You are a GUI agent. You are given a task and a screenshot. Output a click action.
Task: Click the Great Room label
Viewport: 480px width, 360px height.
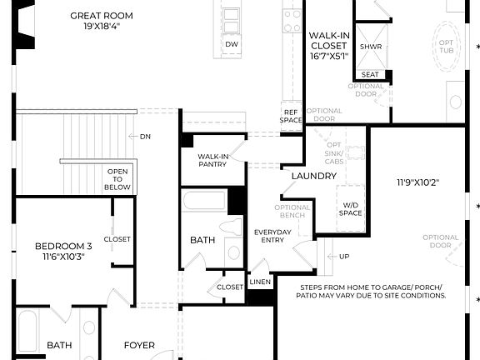pos(101,15)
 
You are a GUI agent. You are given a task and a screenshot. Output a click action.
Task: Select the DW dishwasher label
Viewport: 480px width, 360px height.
pos(232,44)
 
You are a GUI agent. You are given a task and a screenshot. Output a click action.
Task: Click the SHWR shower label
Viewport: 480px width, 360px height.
pos(371,47)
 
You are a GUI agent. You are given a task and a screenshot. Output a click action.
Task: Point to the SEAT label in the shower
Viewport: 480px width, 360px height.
pos(371,75)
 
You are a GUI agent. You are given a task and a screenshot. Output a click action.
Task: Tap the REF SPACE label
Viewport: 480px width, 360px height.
pos(291,116)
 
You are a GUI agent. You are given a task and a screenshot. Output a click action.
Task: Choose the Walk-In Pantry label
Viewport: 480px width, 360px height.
pos(214,161)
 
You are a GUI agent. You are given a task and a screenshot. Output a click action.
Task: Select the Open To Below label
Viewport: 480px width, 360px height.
pos(117,179)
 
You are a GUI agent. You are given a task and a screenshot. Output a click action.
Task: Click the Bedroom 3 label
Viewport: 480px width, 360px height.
pos(63,251)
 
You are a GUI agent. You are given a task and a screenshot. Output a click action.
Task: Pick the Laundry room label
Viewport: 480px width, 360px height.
pos(313,176)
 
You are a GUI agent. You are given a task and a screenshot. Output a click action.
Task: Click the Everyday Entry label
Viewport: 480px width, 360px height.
pos(272,237)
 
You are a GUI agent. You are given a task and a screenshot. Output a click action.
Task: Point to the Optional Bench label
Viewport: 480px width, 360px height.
pos(292,212)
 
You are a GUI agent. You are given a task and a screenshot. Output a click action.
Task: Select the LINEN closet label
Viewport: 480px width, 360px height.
pos(260,283)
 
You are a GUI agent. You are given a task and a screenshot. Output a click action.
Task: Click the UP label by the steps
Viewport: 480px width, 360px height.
pos(342,257)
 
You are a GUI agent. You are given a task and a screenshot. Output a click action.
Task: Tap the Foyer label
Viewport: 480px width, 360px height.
pos(139,345)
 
